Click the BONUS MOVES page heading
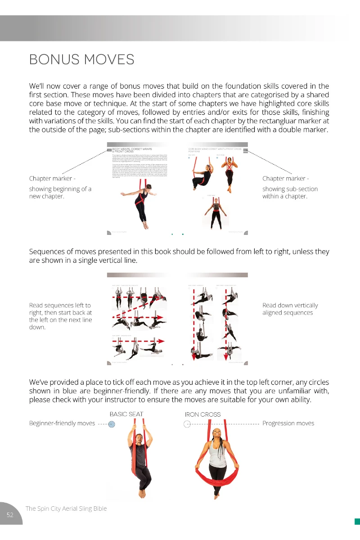pyautogui.click(x=81, y=59)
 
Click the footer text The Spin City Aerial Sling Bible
pyautogui.click(x=66, y=508)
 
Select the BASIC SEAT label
pyautogui.click(x=126, y=414)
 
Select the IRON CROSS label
pyautogui.click(x=202, y=414)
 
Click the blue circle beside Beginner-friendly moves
pyautogui.click(x=112, y=424)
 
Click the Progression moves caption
pyautogui.click(x=288, y=423)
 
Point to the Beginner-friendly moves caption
pyautogui.click(x=62, y=423)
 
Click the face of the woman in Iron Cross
pyautogui.click(x=218, y=434)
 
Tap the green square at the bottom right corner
pyautogui.click(x=357, y=521)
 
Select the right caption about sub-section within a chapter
pyautogui.click(x=290, y=192)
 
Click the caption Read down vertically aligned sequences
pyautogui.click(x=290, y=309)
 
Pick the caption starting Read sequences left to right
pyautogui.click(x=60, y=316)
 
